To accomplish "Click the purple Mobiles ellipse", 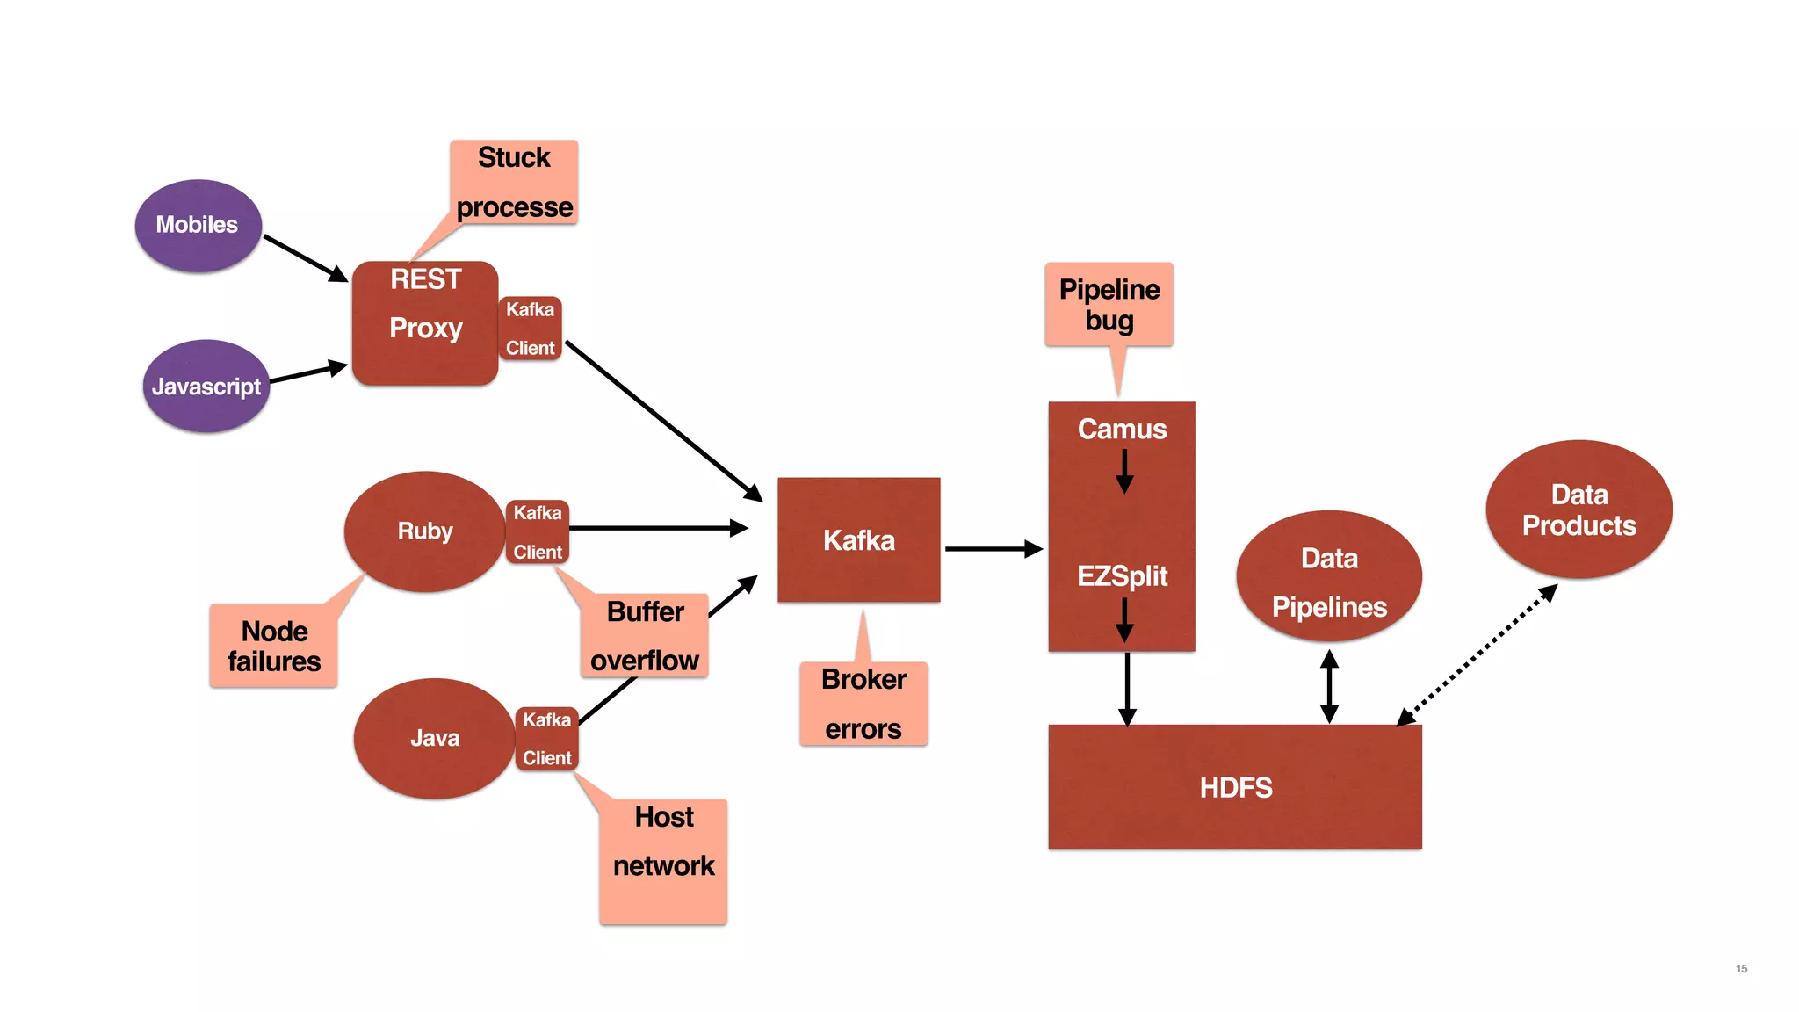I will pos(198,226).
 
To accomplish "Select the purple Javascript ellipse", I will pos(206,387).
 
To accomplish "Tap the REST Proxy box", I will pos(425,323).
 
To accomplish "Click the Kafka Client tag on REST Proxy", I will pos(530,329).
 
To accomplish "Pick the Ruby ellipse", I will pos(425,531).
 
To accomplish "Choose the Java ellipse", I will pos(434,739).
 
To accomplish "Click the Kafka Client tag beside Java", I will pos(546,739).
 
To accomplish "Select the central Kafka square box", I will pos(858,540).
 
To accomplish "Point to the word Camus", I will pos(1122,429).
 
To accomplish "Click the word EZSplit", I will pos(1122,576).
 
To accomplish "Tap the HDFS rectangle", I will pos(1234,787).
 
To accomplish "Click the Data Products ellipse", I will pos(1579,510).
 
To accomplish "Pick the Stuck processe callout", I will pos(514,183).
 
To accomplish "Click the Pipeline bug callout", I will pos(1109,305).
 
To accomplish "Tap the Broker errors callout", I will pos(863,704).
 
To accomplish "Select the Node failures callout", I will pos(273,646).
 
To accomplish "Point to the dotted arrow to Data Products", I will pos(1479,654).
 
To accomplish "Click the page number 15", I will pos(1741,968).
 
